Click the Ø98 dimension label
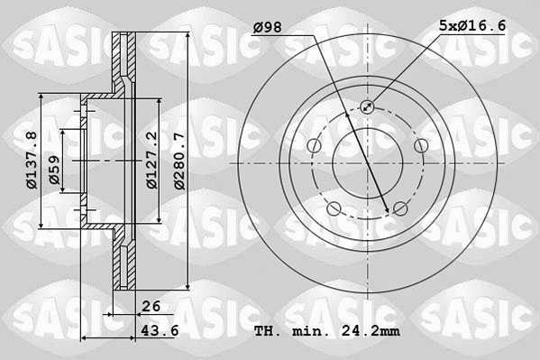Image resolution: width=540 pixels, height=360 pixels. click(267, 28)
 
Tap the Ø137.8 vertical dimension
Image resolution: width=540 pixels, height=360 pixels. click(31, 160)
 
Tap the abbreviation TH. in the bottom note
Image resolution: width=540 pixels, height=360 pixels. click(268, 330)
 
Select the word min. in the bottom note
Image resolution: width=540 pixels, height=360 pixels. click(312, 330)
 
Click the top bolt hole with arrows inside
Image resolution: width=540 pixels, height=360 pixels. click(367, 107)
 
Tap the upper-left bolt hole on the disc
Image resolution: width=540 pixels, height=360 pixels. click(314, 146)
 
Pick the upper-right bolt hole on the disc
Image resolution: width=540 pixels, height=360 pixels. click(420, 146)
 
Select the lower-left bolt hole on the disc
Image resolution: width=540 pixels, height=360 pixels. click(334, 209)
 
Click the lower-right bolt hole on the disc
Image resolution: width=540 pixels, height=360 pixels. click(399, 209)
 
